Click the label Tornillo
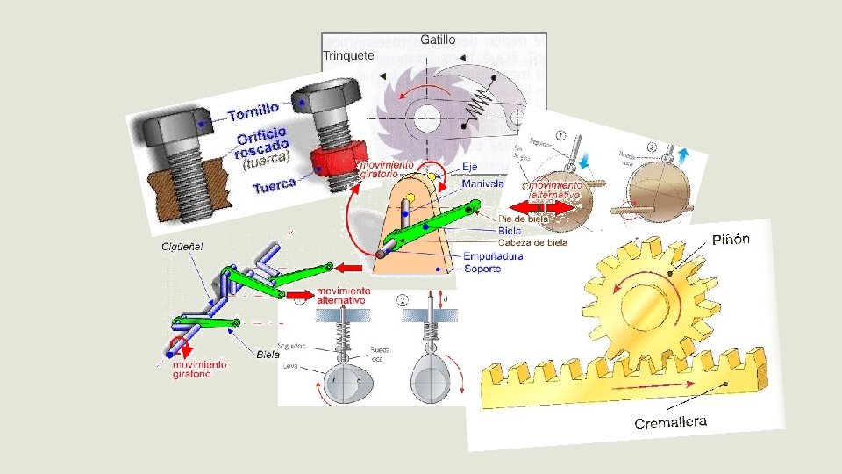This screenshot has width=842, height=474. point(253,111)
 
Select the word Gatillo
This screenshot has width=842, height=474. point(438,39)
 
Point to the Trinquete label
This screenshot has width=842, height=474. point(348,55)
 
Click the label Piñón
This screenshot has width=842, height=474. point(730,241)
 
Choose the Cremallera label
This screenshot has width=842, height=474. point(670,423)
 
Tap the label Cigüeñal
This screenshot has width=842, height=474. point(182,248)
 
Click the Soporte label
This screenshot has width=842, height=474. point(484,268)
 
